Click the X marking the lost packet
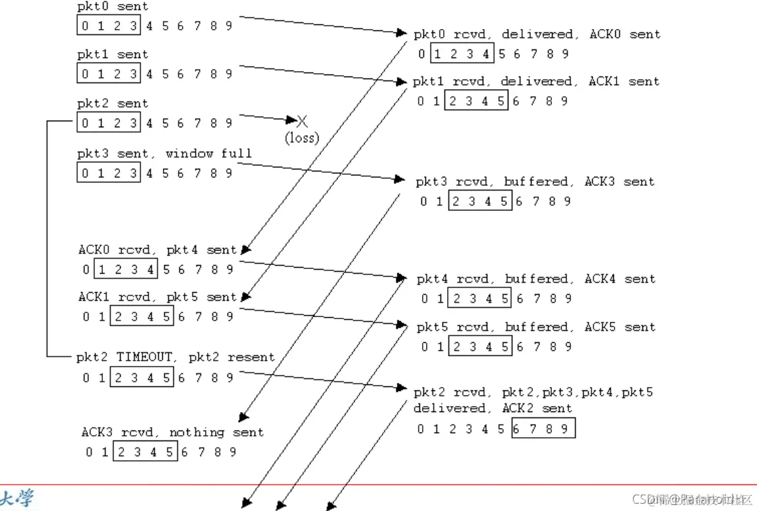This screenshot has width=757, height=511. click(x=302, y=121)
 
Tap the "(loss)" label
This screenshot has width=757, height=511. click(x=301, y=138)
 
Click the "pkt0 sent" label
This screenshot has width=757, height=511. click(x=113, y=7)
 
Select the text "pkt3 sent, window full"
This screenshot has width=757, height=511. click(x=164, y=154)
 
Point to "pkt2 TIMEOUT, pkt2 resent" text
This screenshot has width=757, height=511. click(x=175, y=357)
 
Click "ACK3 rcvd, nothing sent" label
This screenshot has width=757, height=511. click(x=172, y=433)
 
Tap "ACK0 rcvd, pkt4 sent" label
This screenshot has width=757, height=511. click(x=157, y=250)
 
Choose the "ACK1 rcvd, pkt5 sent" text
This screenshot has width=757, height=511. click(x=157, y=297)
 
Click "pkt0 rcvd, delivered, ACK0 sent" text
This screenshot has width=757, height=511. click(x=537, y=34)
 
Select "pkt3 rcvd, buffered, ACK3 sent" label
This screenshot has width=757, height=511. click(x=535, y=181)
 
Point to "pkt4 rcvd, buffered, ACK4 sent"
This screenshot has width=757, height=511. click(x=535, y=279)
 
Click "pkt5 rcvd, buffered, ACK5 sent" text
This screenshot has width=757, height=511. click(x=535, y=327)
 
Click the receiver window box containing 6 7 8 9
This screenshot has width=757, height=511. click(x=543, y=429)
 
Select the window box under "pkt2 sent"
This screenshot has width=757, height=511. click(x=109, y=123)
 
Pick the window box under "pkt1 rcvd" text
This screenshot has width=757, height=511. click(x=477, y=101)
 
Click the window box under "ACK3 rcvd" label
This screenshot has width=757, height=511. click(x=145, y=452)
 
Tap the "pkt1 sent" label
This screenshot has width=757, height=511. click(x=113, y=55)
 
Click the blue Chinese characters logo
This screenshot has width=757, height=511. click(x=18, y=498)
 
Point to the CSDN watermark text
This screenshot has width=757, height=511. click(x=692, y=499)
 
